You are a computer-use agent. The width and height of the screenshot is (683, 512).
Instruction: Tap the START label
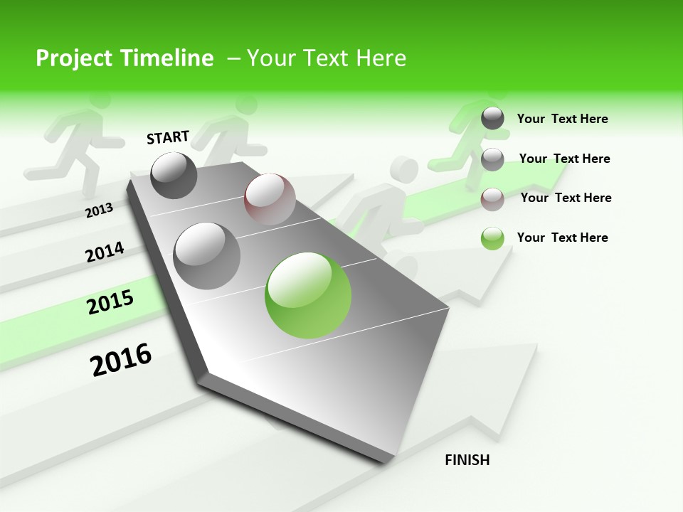[168, 137]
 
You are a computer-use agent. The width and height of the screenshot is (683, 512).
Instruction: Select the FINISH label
[467, 460]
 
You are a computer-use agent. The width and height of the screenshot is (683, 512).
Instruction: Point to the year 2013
[99, 210]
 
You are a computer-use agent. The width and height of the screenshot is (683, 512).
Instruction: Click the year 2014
[105, 252]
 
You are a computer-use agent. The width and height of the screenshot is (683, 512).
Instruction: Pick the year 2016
[121, 359]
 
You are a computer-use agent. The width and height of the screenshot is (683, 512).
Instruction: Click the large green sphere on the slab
[308, 295]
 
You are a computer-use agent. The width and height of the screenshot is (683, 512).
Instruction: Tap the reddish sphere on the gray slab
[270, 199]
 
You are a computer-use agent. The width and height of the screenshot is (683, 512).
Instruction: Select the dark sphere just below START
[174, 175]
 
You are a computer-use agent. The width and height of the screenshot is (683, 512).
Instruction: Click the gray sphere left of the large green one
[207, 255]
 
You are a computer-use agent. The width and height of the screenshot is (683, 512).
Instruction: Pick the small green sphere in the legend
[492, 238]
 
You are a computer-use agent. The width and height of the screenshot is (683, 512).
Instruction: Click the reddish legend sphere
[492, 199]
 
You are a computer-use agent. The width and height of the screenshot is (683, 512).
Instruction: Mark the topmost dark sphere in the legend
[492, 118]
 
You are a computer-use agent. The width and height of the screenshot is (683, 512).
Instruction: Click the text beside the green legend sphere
[562, 238]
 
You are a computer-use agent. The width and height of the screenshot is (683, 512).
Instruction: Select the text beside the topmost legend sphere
[562, 119]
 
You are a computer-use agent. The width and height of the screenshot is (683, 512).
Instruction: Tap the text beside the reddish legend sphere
[566, 198]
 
